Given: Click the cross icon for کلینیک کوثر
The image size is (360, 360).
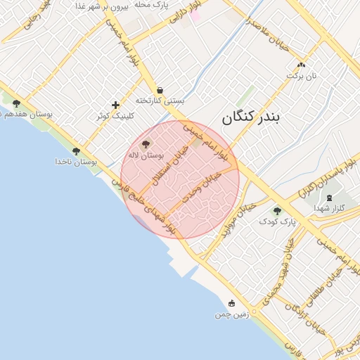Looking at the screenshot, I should coord(115,105).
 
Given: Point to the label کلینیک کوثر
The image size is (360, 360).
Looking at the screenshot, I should coord(115,115).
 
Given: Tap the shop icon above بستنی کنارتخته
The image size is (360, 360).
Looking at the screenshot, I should coord(160,90).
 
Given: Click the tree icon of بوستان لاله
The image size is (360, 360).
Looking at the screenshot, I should coord(146,143).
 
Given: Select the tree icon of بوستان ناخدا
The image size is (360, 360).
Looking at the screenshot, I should coord(76,151).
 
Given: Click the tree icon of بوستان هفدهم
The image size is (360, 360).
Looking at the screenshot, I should coord(16,103).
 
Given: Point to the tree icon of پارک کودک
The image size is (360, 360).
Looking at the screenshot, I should coord(277,210).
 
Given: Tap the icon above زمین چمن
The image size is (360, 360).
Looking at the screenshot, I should coord(231,303).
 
